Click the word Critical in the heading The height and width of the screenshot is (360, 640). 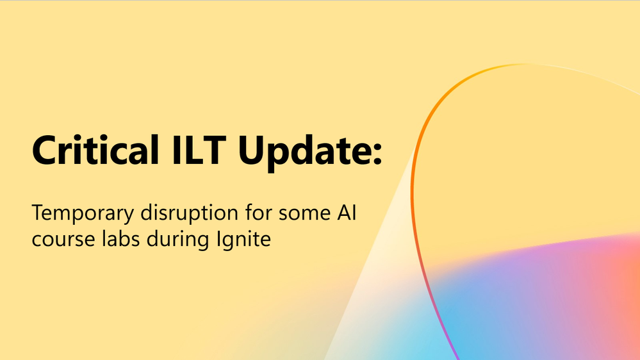tap(95, 150)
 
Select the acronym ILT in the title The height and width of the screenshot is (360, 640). tap(199, 150)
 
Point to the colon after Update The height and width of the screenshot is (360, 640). tap(377, 154)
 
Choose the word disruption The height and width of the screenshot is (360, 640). tap(190, 213)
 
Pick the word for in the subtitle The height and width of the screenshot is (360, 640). tap(258, 212)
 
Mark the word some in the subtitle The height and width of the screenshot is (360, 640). tap(304, 215)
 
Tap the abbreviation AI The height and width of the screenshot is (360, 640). tap(347, 213)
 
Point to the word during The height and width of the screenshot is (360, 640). tap(178, 240)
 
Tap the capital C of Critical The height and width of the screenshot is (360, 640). tap(44, 150)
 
